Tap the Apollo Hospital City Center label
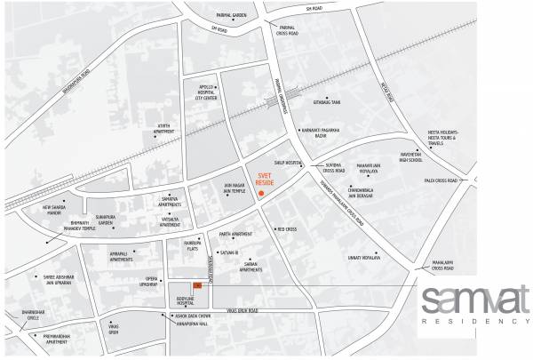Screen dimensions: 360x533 pyautogui.click(x=200, y=92)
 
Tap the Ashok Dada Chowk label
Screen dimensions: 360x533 pyautogui.click(x=191, y=316)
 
